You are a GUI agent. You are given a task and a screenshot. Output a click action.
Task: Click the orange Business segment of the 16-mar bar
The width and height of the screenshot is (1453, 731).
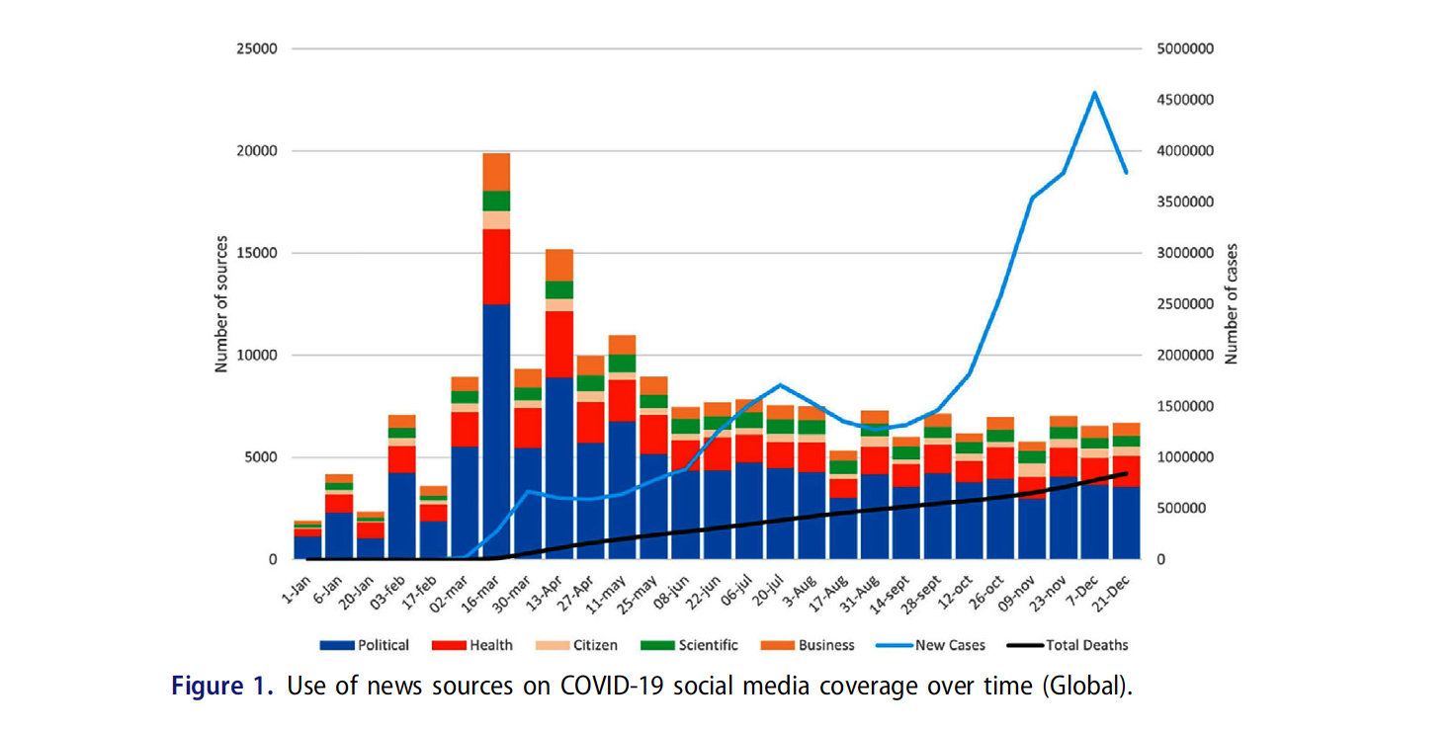[496, 172]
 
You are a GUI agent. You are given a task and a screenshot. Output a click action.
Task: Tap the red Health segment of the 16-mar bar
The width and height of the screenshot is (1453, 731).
[496, 267]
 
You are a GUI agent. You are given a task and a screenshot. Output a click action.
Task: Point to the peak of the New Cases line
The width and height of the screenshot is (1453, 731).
[1094, 93]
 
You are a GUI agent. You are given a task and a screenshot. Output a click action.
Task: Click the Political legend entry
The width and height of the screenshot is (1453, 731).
[365, 645]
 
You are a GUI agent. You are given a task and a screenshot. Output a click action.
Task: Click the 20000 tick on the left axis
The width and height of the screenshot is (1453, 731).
[255, 151]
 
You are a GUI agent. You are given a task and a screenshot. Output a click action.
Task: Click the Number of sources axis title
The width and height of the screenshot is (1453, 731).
[221, 303]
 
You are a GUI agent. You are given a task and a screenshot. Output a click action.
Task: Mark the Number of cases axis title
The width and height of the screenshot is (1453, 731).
[1232, 304]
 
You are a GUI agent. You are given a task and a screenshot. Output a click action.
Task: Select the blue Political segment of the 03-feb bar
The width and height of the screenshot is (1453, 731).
[402, 514]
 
